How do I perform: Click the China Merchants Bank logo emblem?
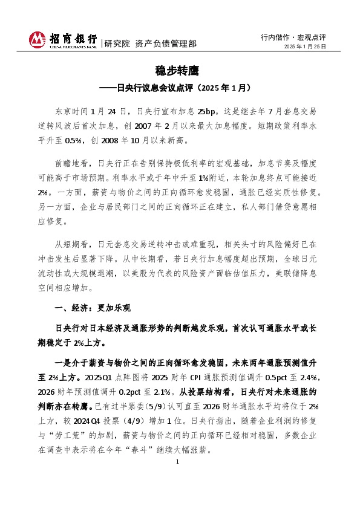tap(38, 39)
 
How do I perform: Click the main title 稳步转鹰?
tap(180, 71)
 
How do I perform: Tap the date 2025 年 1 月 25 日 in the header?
tap(306, 46)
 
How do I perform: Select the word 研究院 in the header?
tap(117, 44)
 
